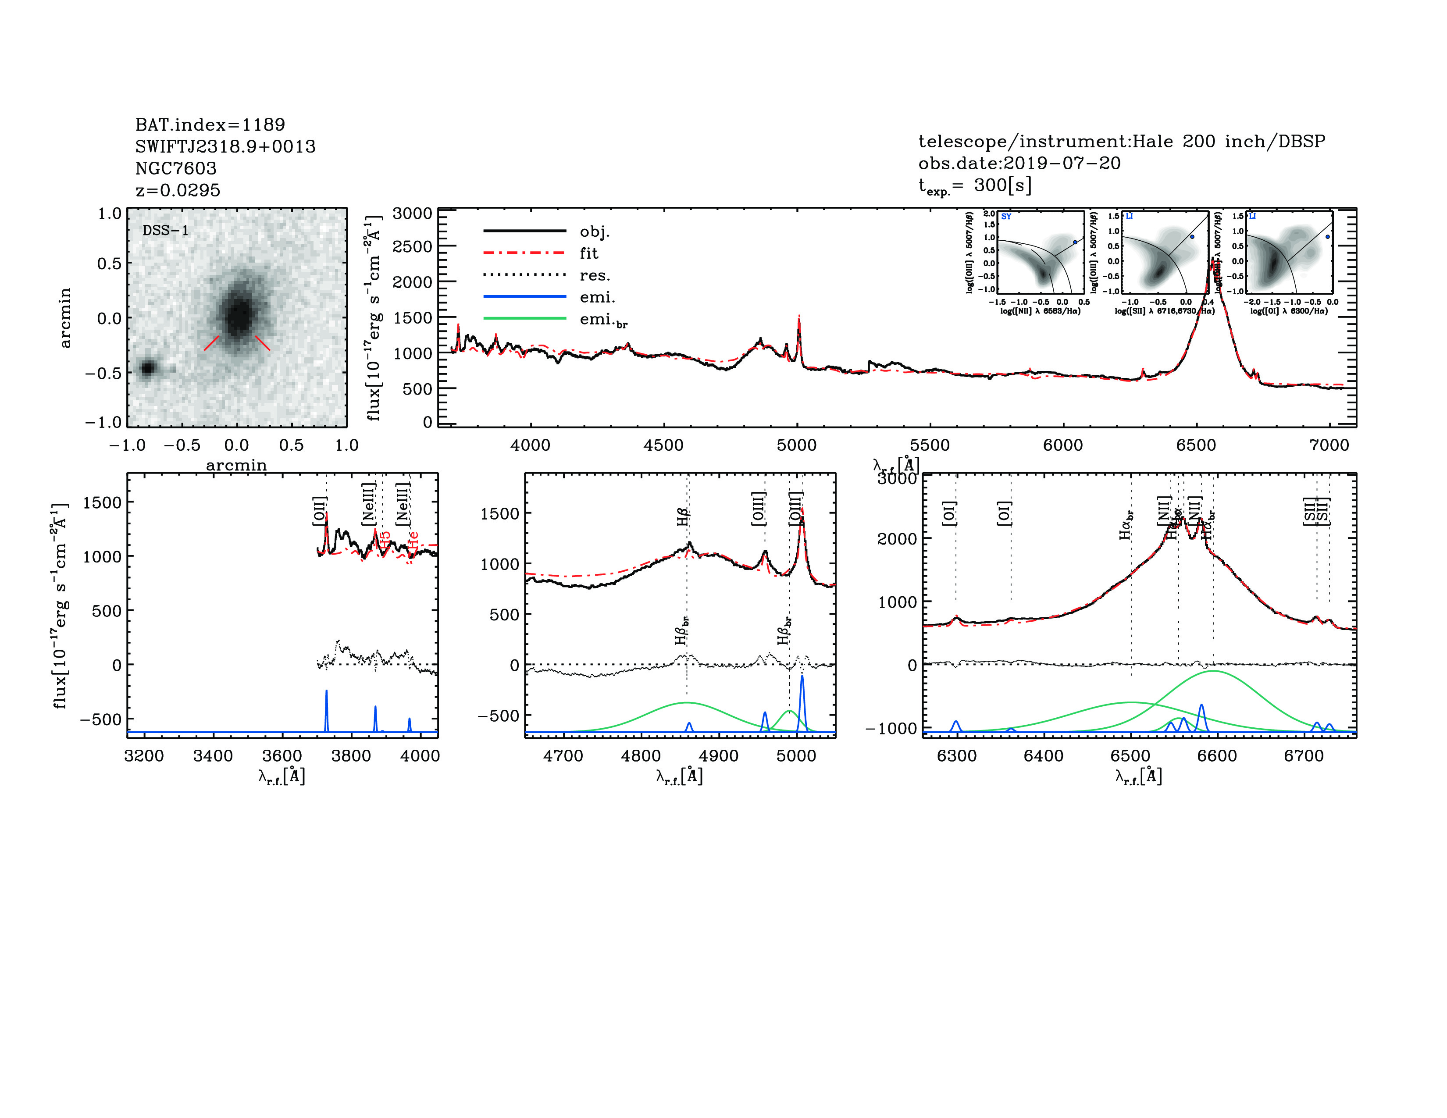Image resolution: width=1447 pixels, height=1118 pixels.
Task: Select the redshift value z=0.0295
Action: coord(178,190)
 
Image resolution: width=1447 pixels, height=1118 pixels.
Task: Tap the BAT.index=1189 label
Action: coord(210,125)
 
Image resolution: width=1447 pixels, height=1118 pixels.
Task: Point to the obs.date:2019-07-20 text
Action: coord(1019,163)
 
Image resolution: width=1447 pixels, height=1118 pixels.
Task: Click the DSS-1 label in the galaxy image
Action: coord(166,231)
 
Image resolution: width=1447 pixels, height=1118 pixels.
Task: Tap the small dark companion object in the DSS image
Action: coord(147,367)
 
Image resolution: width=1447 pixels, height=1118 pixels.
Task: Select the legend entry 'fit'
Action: coord(588,253)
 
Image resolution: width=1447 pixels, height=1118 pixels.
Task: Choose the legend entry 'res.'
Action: coord(594,275)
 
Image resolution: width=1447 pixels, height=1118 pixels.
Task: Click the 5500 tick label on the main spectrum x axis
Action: coord(930,445)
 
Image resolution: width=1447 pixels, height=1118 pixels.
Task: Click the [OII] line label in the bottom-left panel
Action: coord(319,511)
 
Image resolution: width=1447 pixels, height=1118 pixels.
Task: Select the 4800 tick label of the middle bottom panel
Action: coord(641,756)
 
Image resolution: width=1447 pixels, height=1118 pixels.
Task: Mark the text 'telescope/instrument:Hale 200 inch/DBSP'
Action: coord(1121,141)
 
